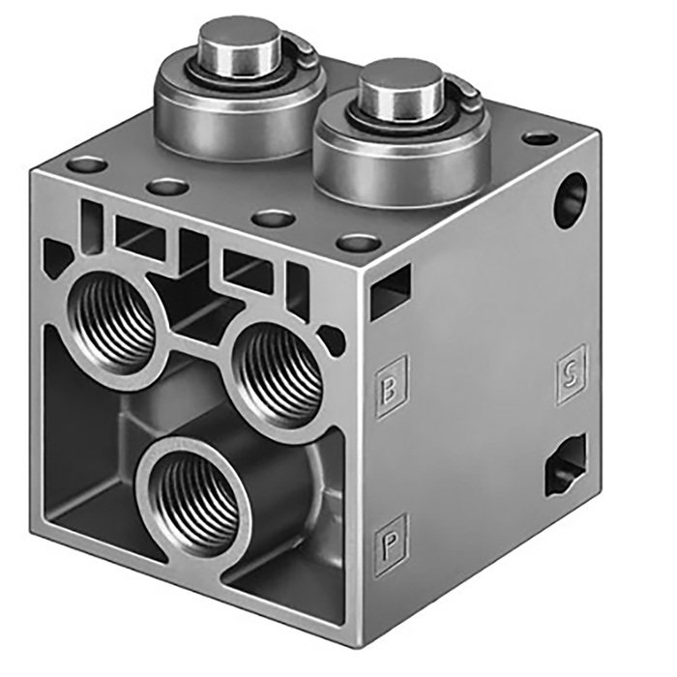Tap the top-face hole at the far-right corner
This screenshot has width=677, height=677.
(540, 138)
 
